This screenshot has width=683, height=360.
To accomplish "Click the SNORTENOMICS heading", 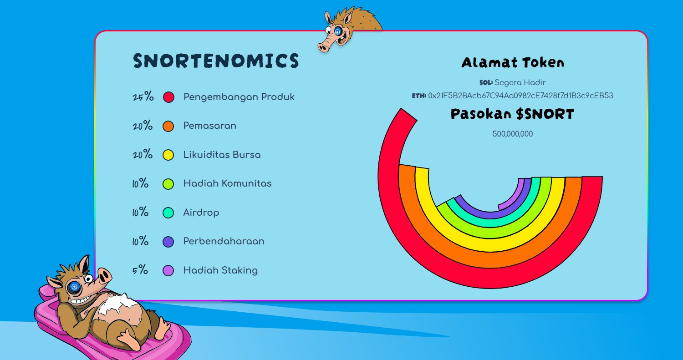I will tap(216, 61).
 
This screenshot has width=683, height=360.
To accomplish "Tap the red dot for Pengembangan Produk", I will tap(168, 97).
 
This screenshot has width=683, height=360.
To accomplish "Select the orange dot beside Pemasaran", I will tap(168, 126).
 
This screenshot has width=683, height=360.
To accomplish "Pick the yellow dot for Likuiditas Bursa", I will tap(168, 155).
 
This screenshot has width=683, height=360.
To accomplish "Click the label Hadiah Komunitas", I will tap(227, 183).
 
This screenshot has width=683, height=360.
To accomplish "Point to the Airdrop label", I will tap(201, 213).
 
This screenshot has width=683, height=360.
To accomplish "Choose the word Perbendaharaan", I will tap(224, 241).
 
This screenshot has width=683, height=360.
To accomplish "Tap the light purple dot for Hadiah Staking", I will tap(168, 270).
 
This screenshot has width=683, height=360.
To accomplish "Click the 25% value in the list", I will tap(143, 97).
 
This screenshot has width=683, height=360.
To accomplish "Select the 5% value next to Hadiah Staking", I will tap(140, 270).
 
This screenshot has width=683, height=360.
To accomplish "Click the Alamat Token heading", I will tap(513, 63).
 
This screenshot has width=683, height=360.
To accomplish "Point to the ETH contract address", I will tap(520, 96).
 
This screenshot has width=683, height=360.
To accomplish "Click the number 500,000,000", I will tap(513, 134).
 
